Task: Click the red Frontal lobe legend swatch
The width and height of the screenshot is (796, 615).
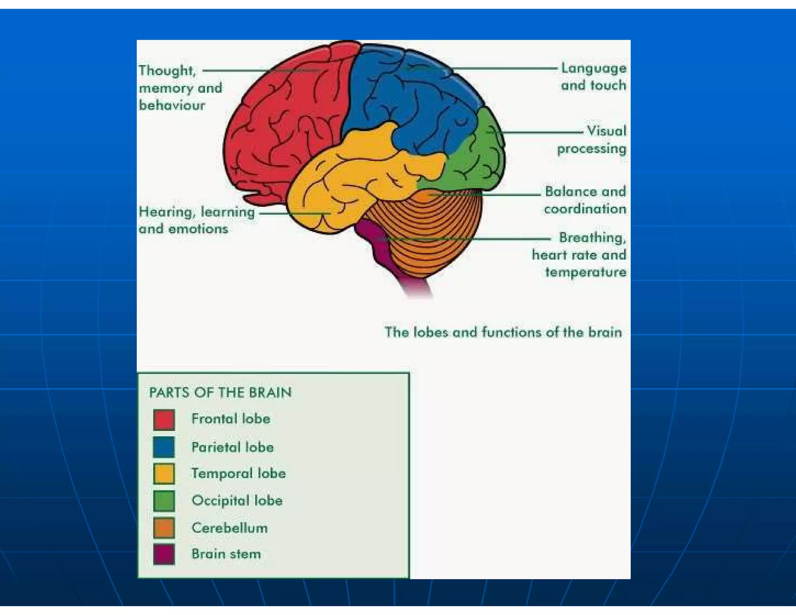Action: [164, 419]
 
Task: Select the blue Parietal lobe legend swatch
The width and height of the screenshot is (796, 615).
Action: [164, 447]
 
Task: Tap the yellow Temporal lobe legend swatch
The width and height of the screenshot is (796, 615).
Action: [164, 473]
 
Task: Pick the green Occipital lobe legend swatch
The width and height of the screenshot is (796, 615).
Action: [164, 500]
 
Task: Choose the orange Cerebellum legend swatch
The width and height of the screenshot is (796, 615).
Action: [164, 528]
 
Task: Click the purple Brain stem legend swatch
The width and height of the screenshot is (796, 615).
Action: [164, 554]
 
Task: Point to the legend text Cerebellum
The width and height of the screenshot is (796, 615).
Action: [229, 528]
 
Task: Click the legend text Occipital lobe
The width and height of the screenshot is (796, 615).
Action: [237, 500]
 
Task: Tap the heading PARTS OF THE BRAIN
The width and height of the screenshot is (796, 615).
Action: [220, 392]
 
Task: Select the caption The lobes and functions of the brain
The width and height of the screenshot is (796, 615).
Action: [503, 332]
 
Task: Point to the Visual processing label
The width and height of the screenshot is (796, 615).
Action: [592, 140]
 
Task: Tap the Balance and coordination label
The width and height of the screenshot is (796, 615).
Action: [585, 200]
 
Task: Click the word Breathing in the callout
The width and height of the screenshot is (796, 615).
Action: [592, 237]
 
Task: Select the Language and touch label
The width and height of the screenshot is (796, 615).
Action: [594, 77]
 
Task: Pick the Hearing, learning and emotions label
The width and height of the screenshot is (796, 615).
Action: [196, 220]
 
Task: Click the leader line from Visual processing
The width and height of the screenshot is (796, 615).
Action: [544, 132]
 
